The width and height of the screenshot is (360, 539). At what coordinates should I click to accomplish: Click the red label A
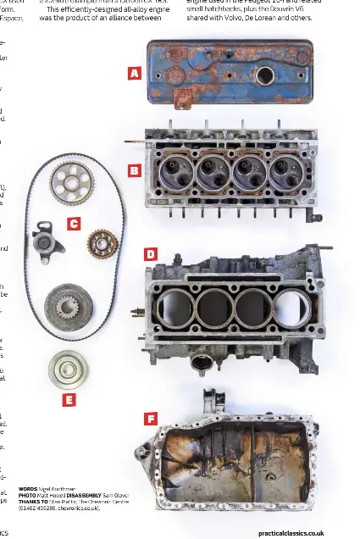coord(134,74)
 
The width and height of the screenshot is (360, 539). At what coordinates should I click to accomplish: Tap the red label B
coord(134,170)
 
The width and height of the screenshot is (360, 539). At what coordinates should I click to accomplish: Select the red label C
coord(74,224)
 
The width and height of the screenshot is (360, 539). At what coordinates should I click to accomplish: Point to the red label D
coord(150,254)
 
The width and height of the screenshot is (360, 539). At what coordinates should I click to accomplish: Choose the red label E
coord(69,399)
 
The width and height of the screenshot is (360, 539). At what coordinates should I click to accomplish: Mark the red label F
coord(150,419)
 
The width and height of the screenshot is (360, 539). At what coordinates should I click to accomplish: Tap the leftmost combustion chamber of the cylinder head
coord(172,174)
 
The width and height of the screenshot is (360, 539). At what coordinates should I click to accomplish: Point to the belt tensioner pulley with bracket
coord(43,242)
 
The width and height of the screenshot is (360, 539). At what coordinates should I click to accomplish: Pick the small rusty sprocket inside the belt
coord(102,244)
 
